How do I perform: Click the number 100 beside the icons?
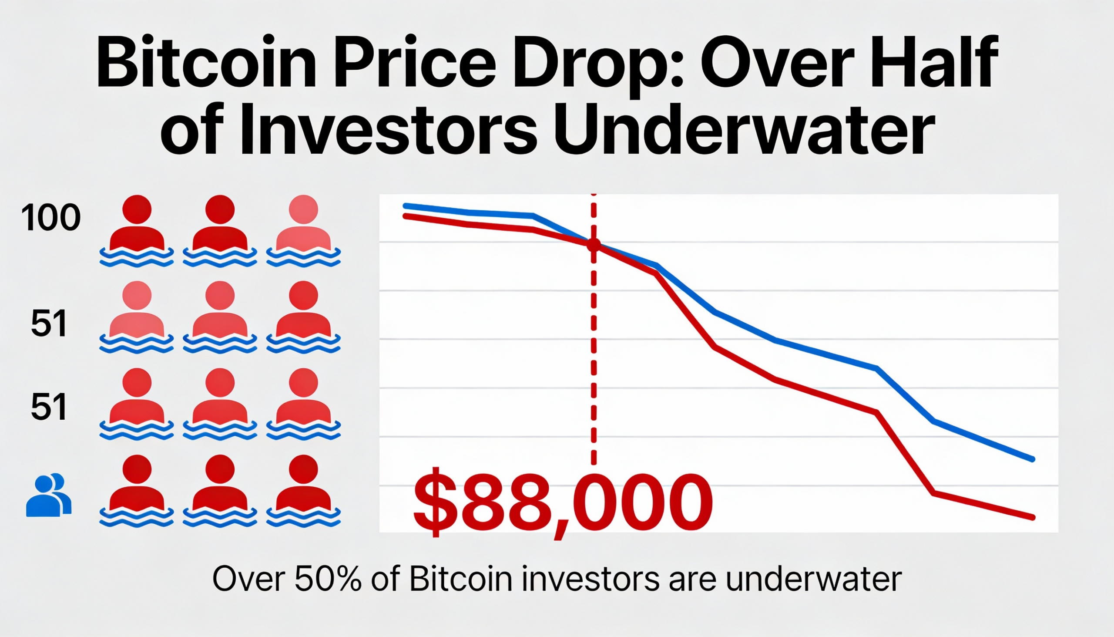coord(51,218)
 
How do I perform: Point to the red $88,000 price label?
coord(563,503)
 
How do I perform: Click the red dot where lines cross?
coord(593,245)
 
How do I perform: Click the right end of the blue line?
coord(1033,459)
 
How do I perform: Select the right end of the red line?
coord(1033,518)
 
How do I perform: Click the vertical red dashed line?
coord(593,350)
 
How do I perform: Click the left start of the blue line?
coord(405,206)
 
